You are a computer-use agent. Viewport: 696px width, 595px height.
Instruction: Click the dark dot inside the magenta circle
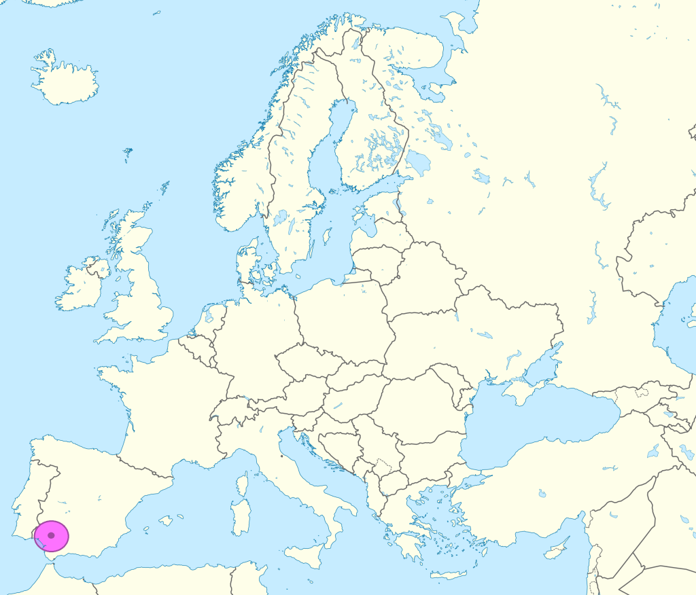click(51, 535)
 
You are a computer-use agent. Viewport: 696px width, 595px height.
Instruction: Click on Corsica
click(243, 485)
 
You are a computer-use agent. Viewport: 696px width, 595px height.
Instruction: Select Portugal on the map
click(27, 496)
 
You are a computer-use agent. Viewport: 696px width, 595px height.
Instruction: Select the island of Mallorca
click(165, 521)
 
